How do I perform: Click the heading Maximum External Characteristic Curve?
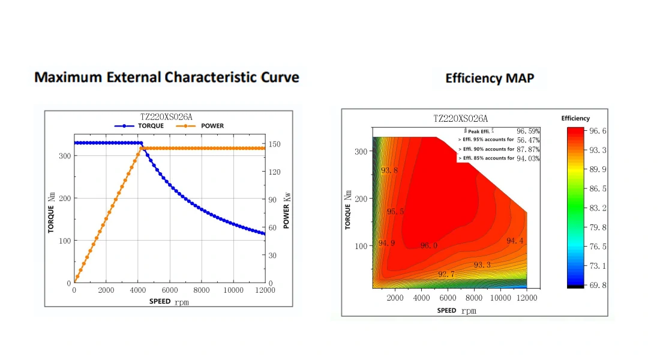pos(167,77)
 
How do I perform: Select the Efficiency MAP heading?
pos(490,79)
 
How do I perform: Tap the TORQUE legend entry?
pos(139,126)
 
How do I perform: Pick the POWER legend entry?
pos(200,126)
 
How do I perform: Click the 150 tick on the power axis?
pos(274,144)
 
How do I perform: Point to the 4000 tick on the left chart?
pos(137,290)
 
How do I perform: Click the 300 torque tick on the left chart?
pos(65,156)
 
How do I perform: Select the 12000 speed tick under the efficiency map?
pos(527,298)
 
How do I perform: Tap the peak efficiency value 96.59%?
pos(528,131)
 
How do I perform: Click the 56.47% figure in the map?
pos(528,140)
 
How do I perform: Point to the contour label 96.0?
pos(429,245)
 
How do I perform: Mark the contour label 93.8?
pos(389,170)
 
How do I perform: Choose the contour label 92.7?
pos(446,275)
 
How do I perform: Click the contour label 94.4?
pos(515,241)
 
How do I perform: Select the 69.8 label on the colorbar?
pos(598,286)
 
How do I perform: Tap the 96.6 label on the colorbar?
pos(598,131)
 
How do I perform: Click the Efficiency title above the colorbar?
pos(575,118)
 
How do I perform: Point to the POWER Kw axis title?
pos(287,211)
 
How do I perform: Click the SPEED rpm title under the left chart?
pos(169,302)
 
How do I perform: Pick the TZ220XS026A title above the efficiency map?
pos(460,119)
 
